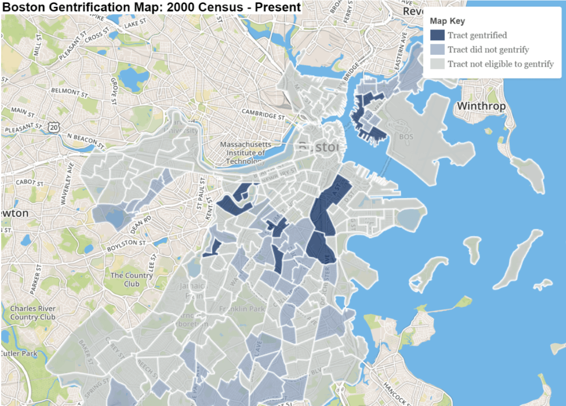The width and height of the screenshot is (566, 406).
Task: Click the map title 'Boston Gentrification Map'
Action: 151,7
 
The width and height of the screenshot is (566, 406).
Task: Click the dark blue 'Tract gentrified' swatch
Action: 437,35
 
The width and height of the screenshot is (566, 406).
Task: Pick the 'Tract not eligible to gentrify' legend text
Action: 500,63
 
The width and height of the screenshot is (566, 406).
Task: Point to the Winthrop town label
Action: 479,106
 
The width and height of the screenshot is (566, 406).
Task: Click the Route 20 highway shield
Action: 53,129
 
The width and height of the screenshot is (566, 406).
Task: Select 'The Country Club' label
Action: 132,279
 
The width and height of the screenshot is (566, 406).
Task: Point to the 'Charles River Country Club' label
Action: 32,313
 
